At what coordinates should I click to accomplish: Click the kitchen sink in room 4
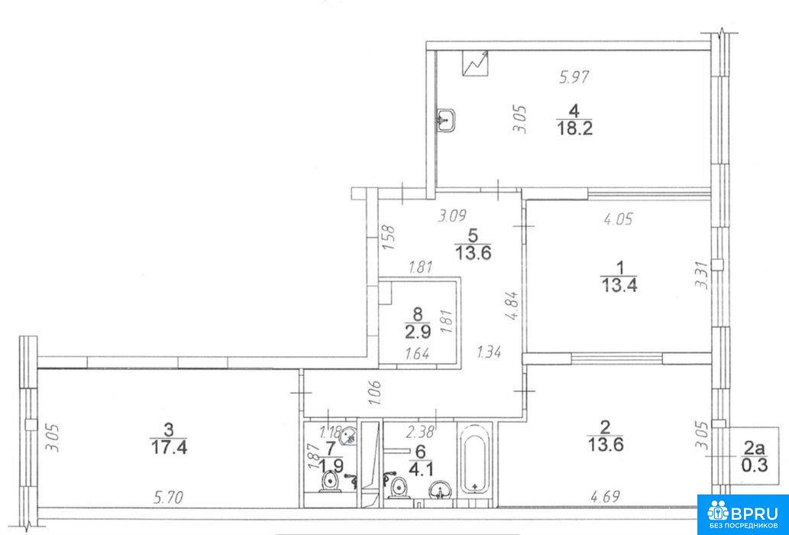tap(446, 120)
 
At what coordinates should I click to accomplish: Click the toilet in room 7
tap(330, 481)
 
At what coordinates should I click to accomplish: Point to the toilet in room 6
tap(399, 487)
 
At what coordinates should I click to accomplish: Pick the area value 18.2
tap(574, 128)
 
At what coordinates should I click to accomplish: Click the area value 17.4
tap(169, 447)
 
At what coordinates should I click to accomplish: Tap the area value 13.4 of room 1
tap(619, 285)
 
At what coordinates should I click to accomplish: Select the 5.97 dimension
tap(574, 77)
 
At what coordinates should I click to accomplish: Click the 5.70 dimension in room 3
tap(169, 498)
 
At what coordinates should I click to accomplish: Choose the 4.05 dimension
tap(617, 219)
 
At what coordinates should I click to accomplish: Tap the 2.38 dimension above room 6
tap(420, 431)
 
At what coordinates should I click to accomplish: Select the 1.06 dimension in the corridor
tap(375, 393)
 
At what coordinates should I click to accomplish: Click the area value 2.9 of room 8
tap(417, 332)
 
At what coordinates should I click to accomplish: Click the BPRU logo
tap(742, 514)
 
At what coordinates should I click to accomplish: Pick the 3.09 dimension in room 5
tap(452, 216)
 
